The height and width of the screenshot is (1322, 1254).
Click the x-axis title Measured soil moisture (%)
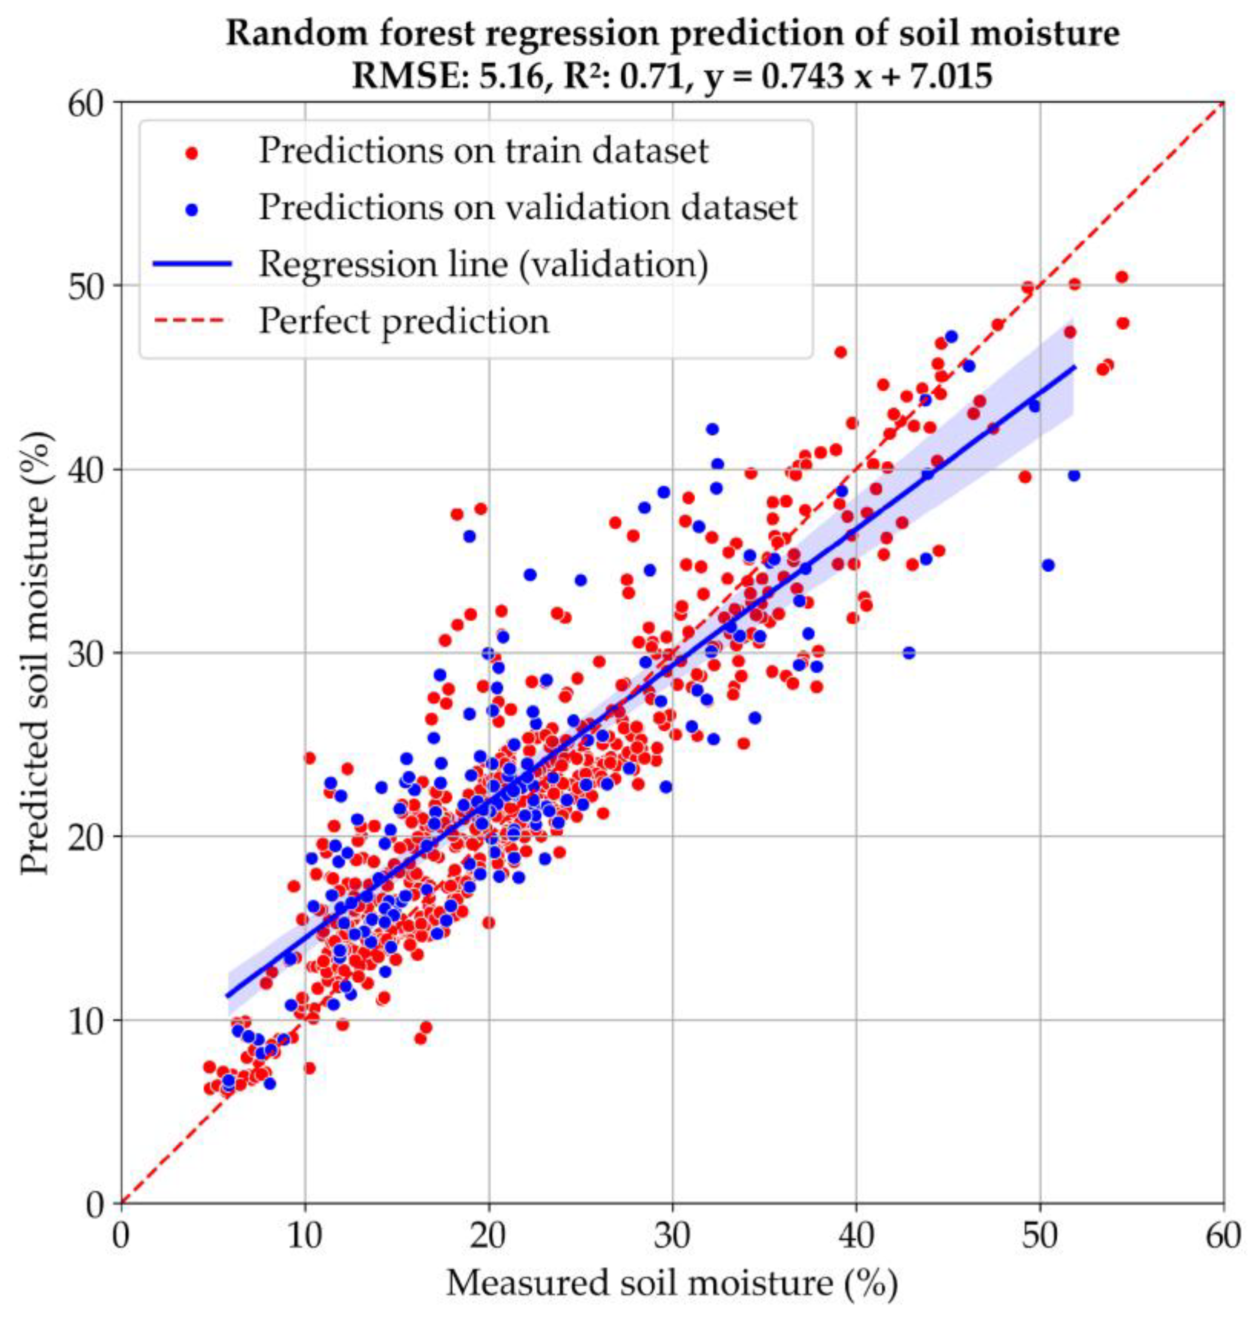pos(672,1283)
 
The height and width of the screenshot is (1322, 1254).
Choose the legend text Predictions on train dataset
pos(483,151)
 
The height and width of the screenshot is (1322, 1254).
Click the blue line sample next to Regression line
pos(193,265)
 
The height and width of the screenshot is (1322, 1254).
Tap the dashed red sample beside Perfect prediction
pos(193,321)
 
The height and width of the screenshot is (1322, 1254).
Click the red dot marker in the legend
pos(193,152)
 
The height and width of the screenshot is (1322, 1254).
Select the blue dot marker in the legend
pos(193,209)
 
